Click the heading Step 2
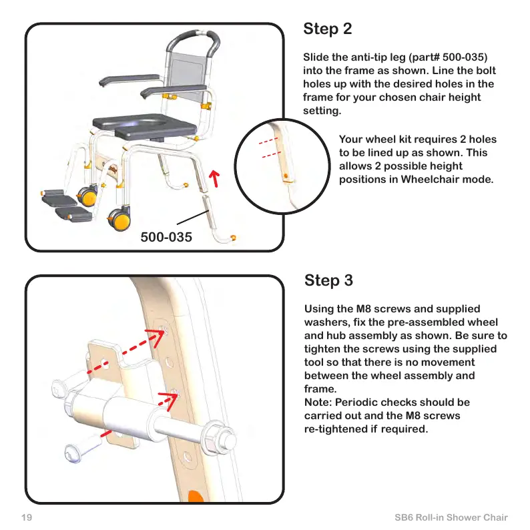pos(327,29)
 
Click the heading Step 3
pos(328,280)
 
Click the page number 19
pos(27,517)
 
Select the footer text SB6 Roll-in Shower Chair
pos(451,517)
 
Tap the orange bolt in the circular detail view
pos(286,175)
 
